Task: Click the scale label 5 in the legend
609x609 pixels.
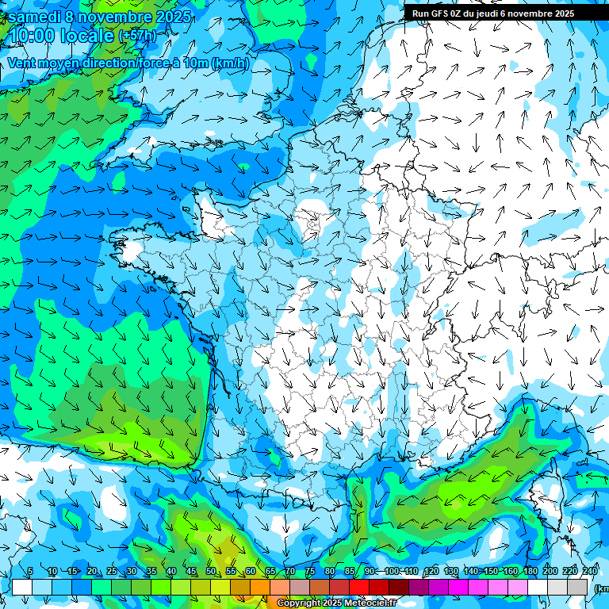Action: coord(30,572)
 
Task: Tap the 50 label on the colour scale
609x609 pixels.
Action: coord(211,572)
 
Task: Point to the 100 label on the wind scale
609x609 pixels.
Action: coord(392,572)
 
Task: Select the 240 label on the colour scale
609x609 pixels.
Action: coord(590,572)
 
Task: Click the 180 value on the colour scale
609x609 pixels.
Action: coord(530,572)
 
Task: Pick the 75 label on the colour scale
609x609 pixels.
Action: coord(310,572)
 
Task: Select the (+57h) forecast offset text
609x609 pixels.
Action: coord(137,36)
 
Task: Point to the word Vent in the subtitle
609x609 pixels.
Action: coord(23,63)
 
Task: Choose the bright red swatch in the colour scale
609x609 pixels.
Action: coord(360,587)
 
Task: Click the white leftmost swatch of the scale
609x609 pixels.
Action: coord(22,587)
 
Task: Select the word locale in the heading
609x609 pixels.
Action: coord(86,36)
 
